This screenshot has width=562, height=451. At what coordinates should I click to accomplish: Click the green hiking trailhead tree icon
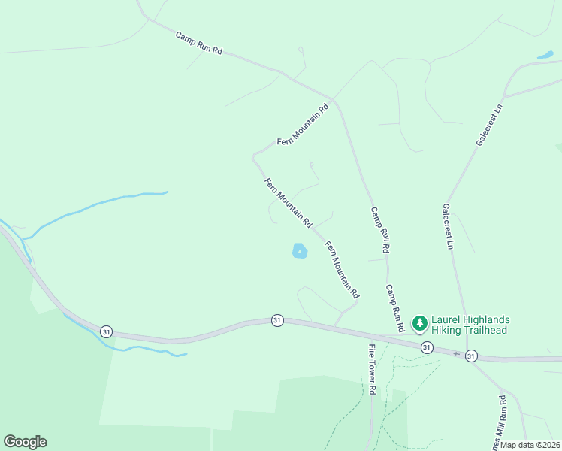click(x=419, y=324)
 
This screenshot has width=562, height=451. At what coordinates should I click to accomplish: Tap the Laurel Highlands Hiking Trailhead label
click(x=470, y=325)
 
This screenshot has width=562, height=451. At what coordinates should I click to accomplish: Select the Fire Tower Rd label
click(x=371, y=370)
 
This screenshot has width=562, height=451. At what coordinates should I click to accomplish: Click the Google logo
click(x=25, y=442)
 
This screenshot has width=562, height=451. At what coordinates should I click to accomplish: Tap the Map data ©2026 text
click(x=530, y=445)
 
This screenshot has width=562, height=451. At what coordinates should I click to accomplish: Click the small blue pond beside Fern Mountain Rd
click(x=299, y=251)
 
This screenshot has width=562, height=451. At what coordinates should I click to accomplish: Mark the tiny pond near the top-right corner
click(x=545, y=55)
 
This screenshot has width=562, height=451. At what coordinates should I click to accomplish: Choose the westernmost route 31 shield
click(x=106, y=331)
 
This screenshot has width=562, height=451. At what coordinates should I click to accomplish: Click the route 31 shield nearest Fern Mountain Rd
click(x=277, y=320)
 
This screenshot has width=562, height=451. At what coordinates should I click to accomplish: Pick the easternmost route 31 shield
click(x=471, y=355)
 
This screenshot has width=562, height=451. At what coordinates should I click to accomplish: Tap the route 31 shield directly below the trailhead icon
click(x=427, y=347)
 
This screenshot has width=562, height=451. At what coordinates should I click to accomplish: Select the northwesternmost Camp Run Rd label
click(x=199, y=42)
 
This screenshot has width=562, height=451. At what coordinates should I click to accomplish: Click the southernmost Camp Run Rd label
click(x=396, y=308)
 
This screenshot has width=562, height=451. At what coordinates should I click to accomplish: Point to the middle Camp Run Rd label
click(x=380, y=230)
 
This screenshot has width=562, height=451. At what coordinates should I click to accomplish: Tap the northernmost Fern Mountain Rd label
click(x=303, y=124)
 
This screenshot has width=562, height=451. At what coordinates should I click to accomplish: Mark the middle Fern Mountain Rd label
click(x=288, y=203)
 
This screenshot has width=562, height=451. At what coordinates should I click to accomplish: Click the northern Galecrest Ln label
click(x=489, y=125)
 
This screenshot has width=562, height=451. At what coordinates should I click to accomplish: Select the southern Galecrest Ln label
click(x=449, y=225)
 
